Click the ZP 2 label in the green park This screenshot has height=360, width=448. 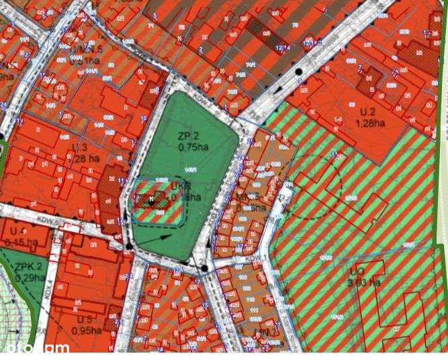tap(187, 135)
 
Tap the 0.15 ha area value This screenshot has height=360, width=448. tap(20, 242)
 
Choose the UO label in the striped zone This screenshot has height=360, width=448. tap(357, 271)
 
